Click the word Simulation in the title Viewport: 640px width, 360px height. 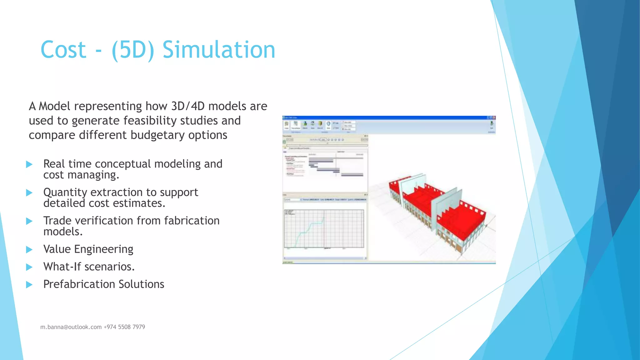(x=219, y=50)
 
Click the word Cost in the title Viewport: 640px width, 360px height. (x=63, y=50)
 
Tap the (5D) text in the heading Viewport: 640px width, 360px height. (x=133, y=50)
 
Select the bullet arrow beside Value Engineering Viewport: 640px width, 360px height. (x=29, y=249)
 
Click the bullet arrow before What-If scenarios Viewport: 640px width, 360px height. (x=29, y=267)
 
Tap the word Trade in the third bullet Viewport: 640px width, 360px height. (x=57, y=221)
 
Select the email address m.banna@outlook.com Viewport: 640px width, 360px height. (x=71, y=327)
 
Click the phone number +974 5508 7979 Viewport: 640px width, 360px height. (x=124, y=327)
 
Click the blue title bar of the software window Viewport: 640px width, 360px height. (x=387, y=118)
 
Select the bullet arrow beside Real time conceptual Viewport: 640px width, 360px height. (x=29, y=164)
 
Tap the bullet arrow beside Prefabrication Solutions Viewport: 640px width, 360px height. (x=29, y=284)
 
